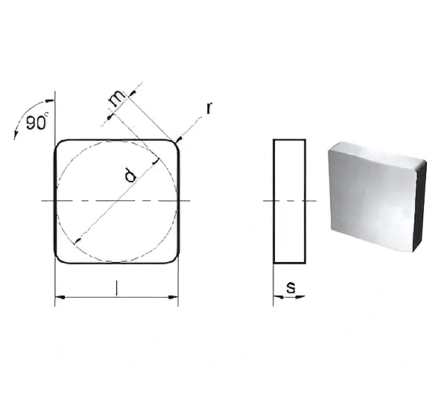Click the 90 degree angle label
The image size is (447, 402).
(37, 123)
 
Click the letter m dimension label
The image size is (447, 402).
(117, 98)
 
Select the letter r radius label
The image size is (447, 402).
(209, 108)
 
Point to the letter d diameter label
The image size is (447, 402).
(130, 175)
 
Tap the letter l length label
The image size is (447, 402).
(116, 288)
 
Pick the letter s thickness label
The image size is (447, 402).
(291, 288)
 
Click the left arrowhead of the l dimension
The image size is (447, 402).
(60, 297)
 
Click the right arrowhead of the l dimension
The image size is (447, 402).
(173, 297)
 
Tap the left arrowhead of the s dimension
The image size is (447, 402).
(278, 297)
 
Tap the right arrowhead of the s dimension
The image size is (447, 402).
(300, 297)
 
